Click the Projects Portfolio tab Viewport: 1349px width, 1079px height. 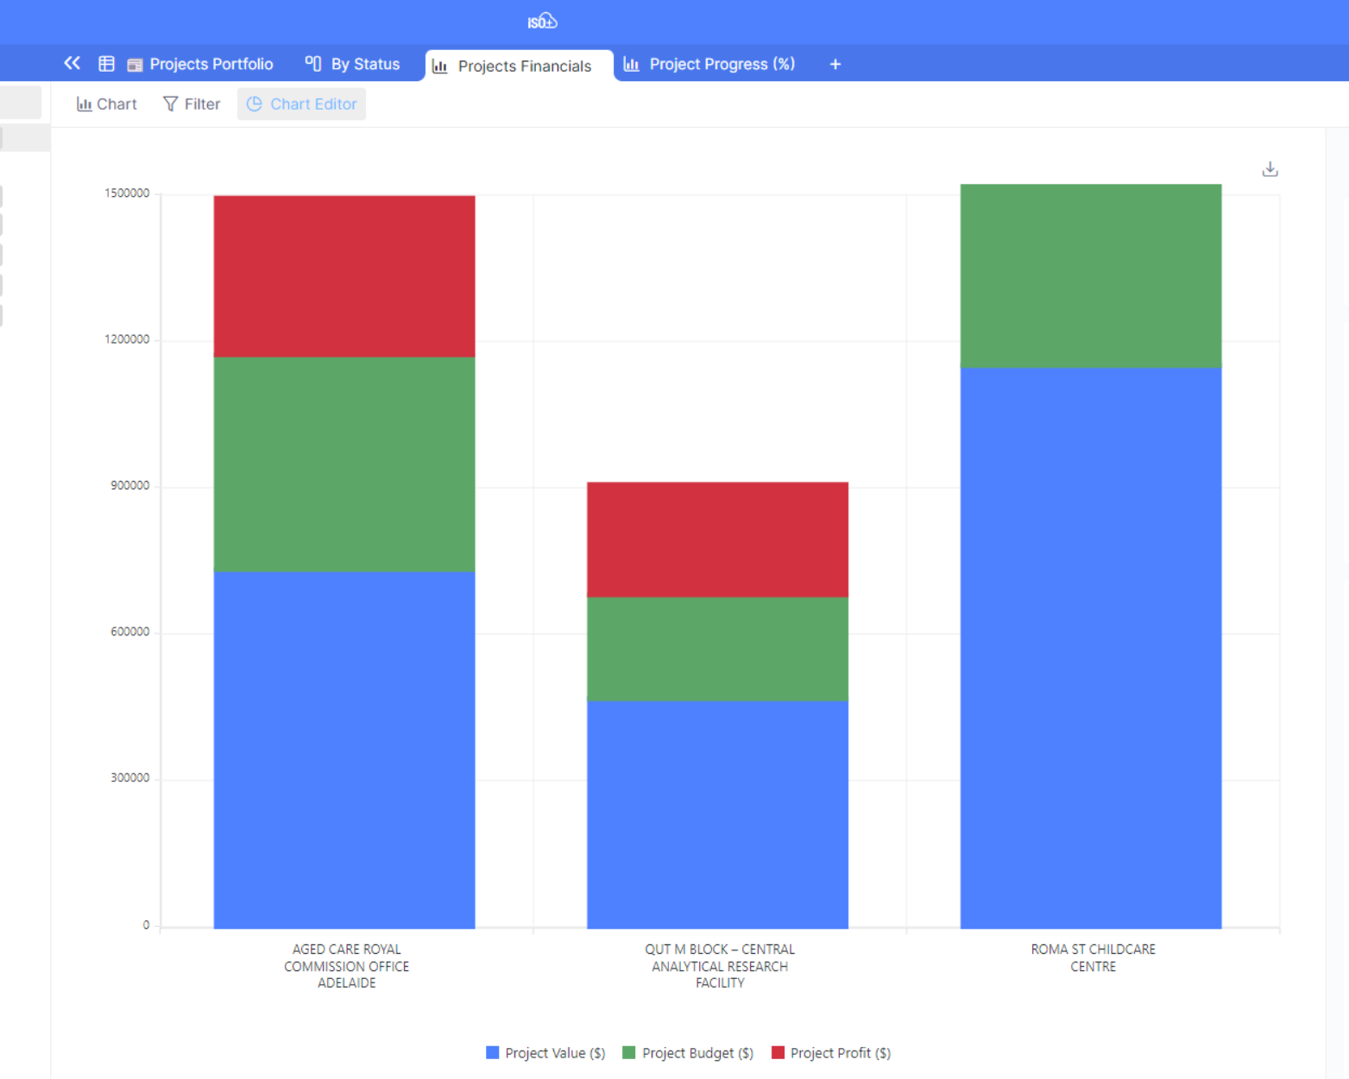pos(200,64)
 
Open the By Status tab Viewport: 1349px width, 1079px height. pos(353,64)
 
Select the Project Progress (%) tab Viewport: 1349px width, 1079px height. pos(709,64)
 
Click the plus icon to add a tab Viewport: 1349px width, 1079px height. pos(835,64)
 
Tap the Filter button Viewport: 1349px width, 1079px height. pos(192,104)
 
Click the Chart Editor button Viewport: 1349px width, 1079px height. pos(302,104)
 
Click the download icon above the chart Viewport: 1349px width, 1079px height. pos(1270,169)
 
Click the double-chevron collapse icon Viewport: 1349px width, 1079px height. pos(72,63)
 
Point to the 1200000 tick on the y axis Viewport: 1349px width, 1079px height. pos(127,339)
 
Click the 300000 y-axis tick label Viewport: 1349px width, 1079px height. pos(129,778)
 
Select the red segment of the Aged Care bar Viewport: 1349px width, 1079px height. pos(344,276)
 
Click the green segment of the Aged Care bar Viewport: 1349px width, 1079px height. pos(344,464)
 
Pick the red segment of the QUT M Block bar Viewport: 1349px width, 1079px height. pos(717,539)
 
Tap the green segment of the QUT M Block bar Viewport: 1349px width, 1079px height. pos(717,648)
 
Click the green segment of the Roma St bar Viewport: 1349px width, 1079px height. pos(1090,276)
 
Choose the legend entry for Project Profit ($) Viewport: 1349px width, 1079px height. pos(831,1053)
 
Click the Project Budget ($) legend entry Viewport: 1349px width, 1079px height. pos(688,1053)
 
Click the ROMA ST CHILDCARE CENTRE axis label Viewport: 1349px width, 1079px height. pos(1093,957)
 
